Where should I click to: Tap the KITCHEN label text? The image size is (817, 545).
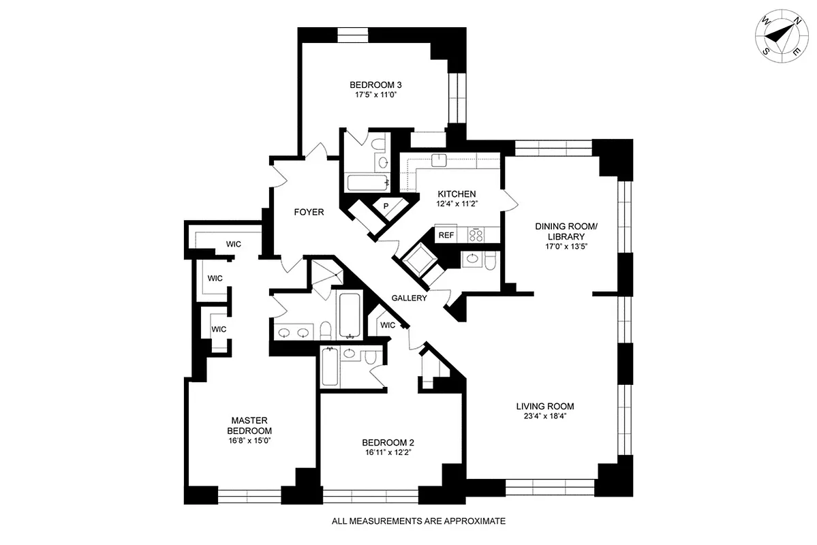(457, 194)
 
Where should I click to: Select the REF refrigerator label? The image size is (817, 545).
(446, 235)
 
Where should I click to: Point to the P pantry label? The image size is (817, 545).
(386, 206)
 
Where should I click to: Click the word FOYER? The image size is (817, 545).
(309, 212)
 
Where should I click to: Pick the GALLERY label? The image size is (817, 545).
(410, 298)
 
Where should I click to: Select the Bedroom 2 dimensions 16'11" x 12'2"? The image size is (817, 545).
(388, 452)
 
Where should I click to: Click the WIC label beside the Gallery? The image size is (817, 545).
(388, 325)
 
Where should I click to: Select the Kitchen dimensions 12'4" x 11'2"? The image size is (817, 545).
(457, 204)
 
